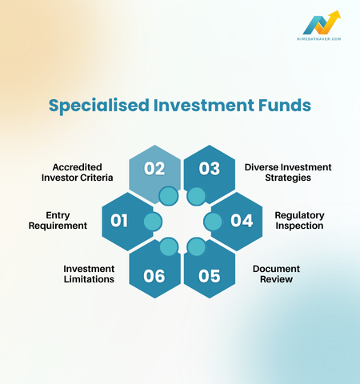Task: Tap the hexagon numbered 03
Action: click(x=210, y=170)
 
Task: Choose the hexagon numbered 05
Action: click(x=210, y=274)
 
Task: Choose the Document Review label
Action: click(x=275, y=274)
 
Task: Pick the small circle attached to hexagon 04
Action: click(x=211, y=220)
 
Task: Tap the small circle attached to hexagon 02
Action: click(x=168, y=195)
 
